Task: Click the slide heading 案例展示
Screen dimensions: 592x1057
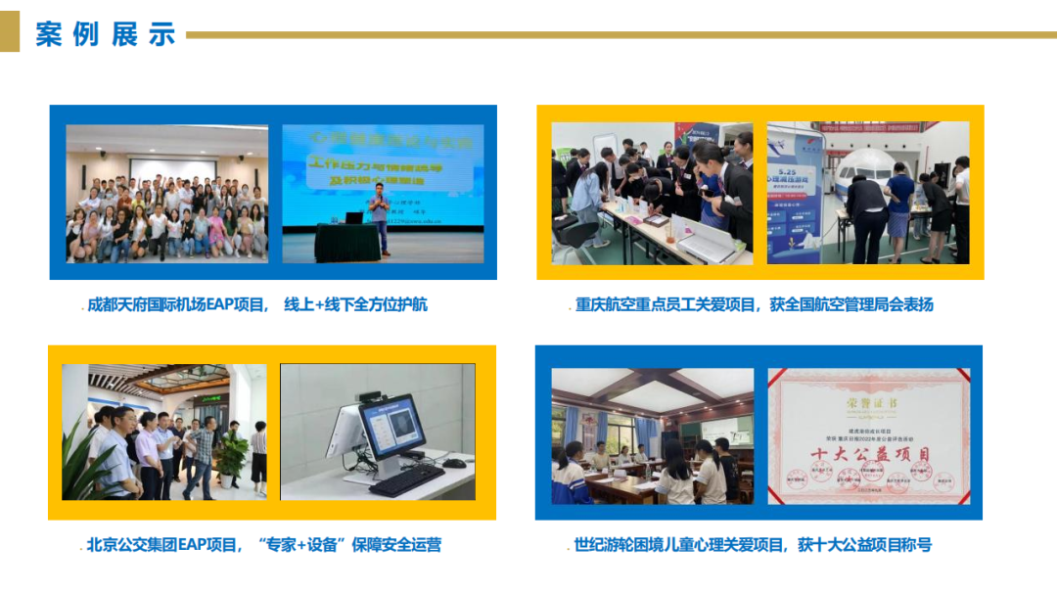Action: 106,34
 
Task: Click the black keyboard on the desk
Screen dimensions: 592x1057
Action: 407,479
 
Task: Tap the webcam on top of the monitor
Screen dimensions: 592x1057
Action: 370,397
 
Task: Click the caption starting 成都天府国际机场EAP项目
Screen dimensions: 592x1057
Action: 257,304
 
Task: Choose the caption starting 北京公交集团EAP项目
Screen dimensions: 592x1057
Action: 263,544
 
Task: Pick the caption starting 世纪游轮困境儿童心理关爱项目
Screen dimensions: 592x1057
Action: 753,544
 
